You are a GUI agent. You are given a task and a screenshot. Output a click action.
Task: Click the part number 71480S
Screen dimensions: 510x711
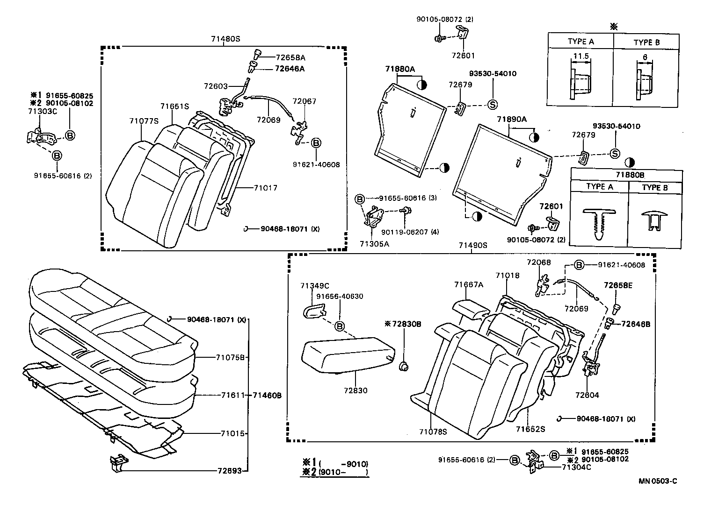click(x=225, y=39)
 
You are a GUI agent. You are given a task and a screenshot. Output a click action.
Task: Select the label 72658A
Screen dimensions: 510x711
click(x=290, y=58)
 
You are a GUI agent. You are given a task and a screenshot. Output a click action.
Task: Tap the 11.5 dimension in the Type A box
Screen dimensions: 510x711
click(x=580, y=57)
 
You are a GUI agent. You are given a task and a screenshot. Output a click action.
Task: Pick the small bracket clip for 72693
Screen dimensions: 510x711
click(x=118, y=463)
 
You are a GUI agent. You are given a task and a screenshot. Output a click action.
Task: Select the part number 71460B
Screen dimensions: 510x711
click(x=267, y=395)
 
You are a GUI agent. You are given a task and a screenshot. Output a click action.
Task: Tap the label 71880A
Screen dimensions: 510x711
click(x=400, y=69)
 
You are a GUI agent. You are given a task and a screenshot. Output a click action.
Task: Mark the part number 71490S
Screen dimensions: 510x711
click(x=472, y=245)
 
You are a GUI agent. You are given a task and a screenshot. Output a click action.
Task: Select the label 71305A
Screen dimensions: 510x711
click(x=374, y=243)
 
